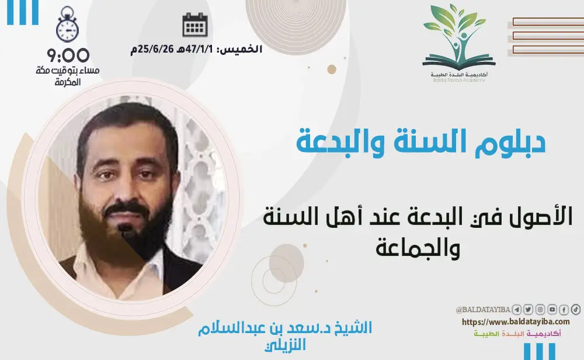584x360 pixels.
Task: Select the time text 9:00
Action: pyautogui.click(x=69, y=56)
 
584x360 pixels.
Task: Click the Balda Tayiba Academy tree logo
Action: pyautogui.click(x=458, y=38)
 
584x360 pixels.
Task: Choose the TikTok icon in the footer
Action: pyautogui.click(x=575, y=309)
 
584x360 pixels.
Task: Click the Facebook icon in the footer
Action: pyautogui.click(x=564, y=309)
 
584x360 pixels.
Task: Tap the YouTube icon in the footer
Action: pyautogui.click(x=552, y=309)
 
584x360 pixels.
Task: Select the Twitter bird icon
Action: pyautogui.click(x=529, y=309)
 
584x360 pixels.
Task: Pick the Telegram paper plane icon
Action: pyautogui.click(x=517, y=309)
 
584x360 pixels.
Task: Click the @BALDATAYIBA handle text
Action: pyautogui.click(x=484, y=310)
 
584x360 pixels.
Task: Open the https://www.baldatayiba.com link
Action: pyautogui.click(x=516, y=321)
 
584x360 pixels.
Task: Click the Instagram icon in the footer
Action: pyautogui.click(x=540, y=309)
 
